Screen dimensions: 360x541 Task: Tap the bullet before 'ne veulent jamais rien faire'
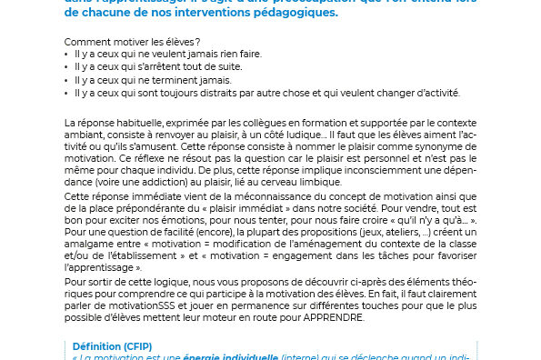68,55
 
